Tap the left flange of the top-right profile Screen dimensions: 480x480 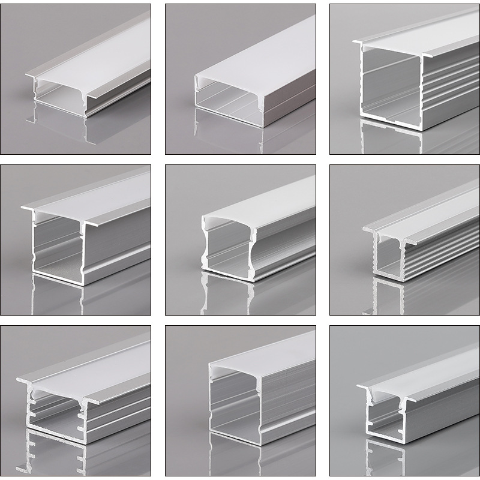coord(358,43)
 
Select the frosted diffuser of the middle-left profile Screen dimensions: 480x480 coord(102,195)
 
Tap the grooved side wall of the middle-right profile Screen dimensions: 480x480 coord(438,255)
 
